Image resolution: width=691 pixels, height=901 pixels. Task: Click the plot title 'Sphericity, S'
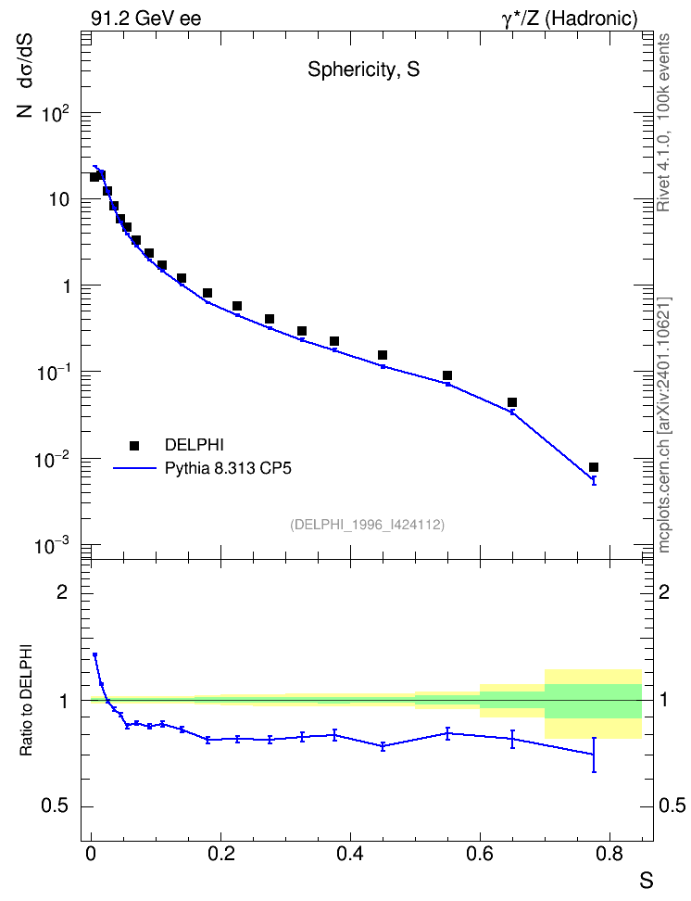tap(364, 70)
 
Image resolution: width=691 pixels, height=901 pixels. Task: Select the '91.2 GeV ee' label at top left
tap(146, 19)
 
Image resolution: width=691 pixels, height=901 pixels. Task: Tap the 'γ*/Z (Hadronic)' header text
tap(570, 19)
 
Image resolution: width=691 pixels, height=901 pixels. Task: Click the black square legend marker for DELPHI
tap(134, 445)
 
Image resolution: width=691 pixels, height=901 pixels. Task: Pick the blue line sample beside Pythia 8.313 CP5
tap(135, 468)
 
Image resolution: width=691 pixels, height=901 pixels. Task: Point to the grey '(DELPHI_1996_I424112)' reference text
tap(367, 525)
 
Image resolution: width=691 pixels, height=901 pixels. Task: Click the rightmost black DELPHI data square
tap(594, 467)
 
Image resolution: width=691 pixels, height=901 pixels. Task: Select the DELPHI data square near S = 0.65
tap(512, 402)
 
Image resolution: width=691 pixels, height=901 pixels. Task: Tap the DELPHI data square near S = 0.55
tap(447, 375)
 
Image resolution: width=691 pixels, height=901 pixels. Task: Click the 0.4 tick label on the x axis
tap(350, 855)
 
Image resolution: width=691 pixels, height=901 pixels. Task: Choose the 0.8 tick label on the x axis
tap(609, 855)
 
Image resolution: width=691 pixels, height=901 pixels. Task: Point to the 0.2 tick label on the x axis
tap(220, 855)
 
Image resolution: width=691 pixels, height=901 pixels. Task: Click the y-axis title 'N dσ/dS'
tap(25, 75)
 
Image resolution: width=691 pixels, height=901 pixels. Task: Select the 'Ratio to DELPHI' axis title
tap(26, 700)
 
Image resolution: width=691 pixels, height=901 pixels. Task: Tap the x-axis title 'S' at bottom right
tap(647, 881)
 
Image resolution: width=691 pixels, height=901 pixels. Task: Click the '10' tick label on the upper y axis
tap(58, 200)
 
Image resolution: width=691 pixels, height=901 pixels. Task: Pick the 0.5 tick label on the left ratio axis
tap(56, 806)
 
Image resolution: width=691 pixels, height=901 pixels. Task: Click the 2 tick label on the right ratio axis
tap(664, 591)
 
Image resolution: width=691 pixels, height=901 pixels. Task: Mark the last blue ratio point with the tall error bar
tap(594, 754)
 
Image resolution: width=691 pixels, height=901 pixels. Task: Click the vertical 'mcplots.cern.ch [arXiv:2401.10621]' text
tap(664, 425)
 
